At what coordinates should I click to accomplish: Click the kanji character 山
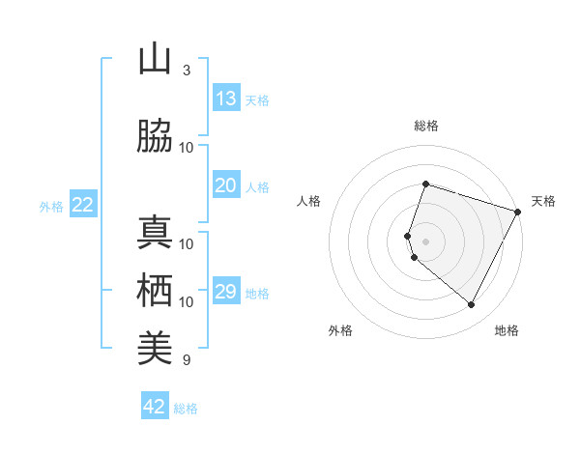(x=155, y=60)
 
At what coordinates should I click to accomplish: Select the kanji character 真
(x=155, y=233)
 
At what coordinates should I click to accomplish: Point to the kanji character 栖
(x=155, y=291)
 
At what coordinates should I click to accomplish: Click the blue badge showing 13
(x=226, y=99)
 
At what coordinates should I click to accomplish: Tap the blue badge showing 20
(x=226, y=185)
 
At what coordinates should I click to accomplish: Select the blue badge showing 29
(x=226, y=292)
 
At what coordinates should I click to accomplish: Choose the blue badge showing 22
(x=83, y=204)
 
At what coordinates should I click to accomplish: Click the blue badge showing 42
(x=155, y=407)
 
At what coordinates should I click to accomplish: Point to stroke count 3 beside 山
(x=186, y=71)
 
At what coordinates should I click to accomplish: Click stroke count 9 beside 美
(x=186, y=360)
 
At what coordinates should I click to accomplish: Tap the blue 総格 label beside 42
(x=186, y=409)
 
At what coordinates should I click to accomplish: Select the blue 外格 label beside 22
(x=50, y=206)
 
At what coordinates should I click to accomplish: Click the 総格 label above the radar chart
(x=425, y=126)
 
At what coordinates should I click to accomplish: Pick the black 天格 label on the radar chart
(x=544, y=201)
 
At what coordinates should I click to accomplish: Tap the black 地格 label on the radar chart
(x=507, y=330)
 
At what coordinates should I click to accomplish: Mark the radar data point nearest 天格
(x=519, y=212)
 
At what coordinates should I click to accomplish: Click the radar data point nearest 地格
(x=472, y=305)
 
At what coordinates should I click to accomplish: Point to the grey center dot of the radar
(x=425, y=241)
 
